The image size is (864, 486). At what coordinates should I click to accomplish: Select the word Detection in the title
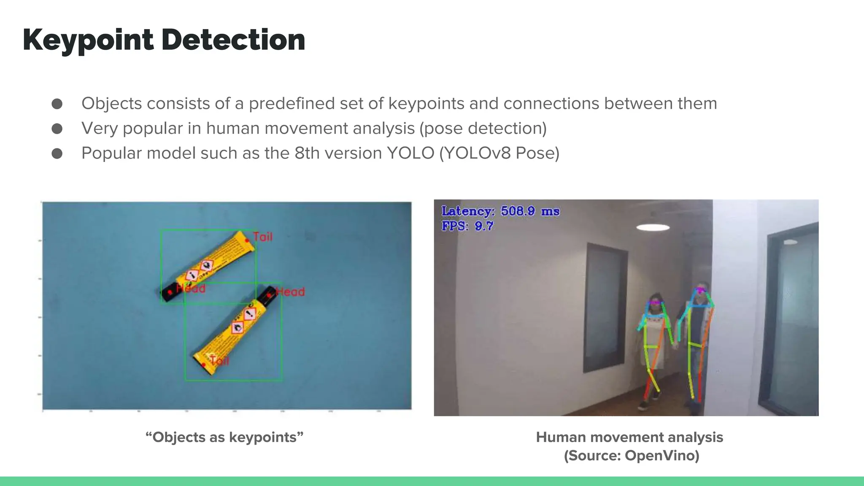(x=233, y=40)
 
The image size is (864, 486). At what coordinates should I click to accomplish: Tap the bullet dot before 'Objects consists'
(x=57, y=104)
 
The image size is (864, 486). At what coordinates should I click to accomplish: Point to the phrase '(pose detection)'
(x=483, y=128)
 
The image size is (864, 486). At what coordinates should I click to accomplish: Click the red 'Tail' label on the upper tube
(x=262, y=237)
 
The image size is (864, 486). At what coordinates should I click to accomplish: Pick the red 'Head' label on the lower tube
(x=290, y=292)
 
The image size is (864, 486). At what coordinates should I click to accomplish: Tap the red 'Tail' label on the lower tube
(x=219, y=361)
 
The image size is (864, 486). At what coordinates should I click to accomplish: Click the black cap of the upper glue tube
(x=167, y=293)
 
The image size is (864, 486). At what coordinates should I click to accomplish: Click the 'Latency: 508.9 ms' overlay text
(x=500, y=211)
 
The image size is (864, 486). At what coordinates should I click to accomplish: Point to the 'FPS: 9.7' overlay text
(x=467, y=226)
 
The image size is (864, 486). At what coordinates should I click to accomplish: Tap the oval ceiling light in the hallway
(x=653, y=228)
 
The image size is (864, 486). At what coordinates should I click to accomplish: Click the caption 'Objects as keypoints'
(x=224, y=437)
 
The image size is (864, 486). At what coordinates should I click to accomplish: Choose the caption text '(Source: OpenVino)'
(x=632, y=456)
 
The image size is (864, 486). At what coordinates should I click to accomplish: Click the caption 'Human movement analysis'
(x=629, y=437)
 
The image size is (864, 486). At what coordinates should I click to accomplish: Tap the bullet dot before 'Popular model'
(x=57, y=154)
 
